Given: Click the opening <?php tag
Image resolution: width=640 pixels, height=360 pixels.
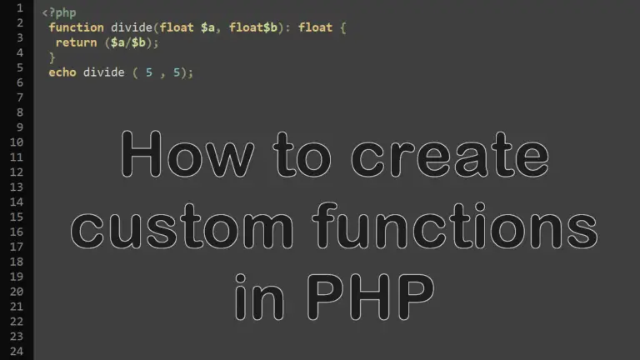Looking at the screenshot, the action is (59, 13).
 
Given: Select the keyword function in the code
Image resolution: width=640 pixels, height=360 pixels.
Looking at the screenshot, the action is (77, 27).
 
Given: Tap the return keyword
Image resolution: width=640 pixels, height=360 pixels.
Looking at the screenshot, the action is (77, 42).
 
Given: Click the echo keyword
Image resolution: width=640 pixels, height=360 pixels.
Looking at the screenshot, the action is (62, 72).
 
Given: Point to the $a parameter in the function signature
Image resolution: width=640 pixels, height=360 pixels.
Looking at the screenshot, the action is (207, 27).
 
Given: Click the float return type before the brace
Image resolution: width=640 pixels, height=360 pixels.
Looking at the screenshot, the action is (315, 27).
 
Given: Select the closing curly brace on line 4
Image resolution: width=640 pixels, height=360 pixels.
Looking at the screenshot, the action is (52, 57).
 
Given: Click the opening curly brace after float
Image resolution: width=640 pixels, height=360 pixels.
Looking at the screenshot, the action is (342, 27).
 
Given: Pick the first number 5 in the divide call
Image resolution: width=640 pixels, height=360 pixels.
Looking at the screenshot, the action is (149, 72).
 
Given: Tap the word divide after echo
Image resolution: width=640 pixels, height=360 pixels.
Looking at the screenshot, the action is (103, 72).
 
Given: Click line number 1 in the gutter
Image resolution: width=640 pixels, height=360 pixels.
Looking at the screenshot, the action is (20, 7).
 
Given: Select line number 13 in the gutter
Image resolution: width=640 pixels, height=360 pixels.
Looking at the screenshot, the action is (17, 187).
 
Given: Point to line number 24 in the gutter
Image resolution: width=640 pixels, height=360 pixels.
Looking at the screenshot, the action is (17, 351).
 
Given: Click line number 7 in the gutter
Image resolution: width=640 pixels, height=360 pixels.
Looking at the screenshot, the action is (20, 97).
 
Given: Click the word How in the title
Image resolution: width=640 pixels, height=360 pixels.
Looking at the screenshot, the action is (187, 154).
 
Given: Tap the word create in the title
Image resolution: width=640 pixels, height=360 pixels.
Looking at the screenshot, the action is (450, 155).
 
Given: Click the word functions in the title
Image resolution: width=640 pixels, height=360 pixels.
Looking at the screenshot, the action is (455, 225).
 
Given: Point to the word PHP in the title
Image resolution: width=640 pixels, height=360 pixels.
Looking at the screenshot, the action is (370, 297).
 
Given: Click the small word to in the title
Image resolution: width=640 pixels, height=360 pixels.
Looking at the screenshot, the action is (302, 155).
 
